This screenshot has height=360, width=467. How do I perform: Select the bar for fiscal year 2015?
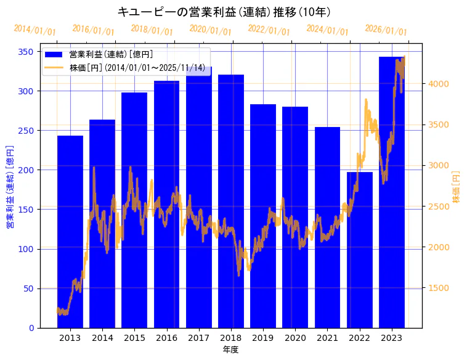pos(134,210)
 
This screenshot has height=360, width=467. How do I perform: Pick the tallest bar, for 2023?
pos(392,192)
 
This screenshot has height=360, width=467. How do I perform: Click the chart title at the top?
pos(224,12)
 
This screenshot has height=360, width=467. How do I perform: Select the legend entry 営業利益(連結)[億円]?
pos(111,55)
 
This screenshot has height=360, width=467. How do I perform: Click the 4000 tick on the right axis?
pos(439,84)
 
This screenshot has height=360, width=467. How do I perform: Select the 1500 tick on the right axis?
pos(439,288)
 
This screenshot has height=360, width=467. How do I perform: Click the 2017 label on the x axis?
pos(198,338)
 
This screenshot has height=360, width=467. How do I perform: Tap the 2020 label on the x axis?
pos(295,338)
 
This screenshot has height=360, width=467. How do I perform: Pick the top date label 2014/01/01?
pos(35,30)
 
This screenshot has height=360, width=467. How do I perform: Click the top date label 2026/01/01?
pos(386,30)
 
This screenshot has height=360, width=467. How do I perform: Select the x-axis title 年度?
pos(230,350)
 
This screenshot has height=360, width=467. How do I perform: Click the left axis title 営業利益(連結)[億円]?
pos(9,187)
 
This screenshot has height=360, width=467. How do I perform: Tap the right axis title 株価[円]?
pos(457,187)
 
